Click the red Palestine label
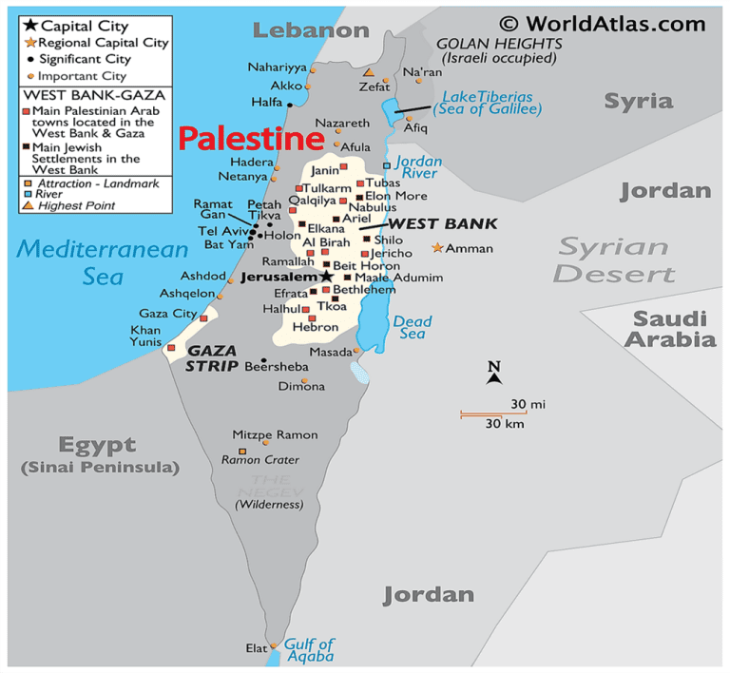point(250,140)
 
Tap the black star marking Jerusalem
point(326,277)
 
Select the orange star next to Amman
point(437,248)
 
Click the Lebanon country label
point(310,29)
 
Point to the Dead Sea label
point(412,327)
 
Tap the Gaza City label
point(167,313)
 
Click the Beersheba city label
point(277,366)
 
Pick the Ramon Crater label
point(259,460)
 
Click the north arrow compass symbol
point(493,374)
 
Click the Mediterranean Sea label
point(103,262)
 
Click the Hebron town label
point(315,327)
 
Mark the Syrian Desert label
point(613,260)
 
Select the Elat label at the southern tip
point(256,648)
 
